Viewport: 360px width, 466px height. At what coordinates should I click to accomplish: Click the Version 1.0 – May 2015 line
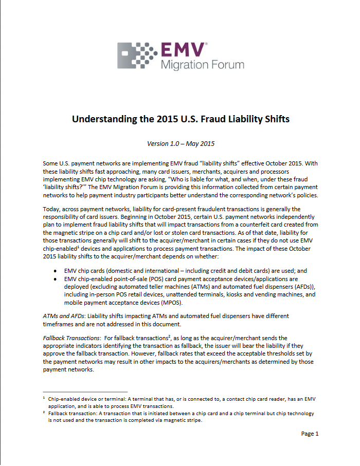pos(181,143)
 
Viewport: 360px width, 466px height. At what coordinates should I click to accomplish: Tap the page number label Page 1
pos(310,434)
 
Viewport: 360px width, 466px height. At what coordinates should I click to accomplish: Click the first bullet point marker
pos(56,270)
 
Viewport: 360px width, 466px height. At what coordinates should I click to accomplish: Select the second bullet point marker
pos(56,279)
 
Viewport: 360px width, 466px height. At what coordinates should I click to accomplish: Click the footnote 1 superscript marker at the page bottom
pos(44,398)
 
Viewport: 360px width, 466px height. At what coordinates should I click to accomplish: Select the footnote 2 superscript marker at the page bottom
pos(44,412)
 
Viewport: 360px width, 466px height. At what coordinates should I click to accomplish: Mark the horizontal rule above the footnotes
pos(85,392)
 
